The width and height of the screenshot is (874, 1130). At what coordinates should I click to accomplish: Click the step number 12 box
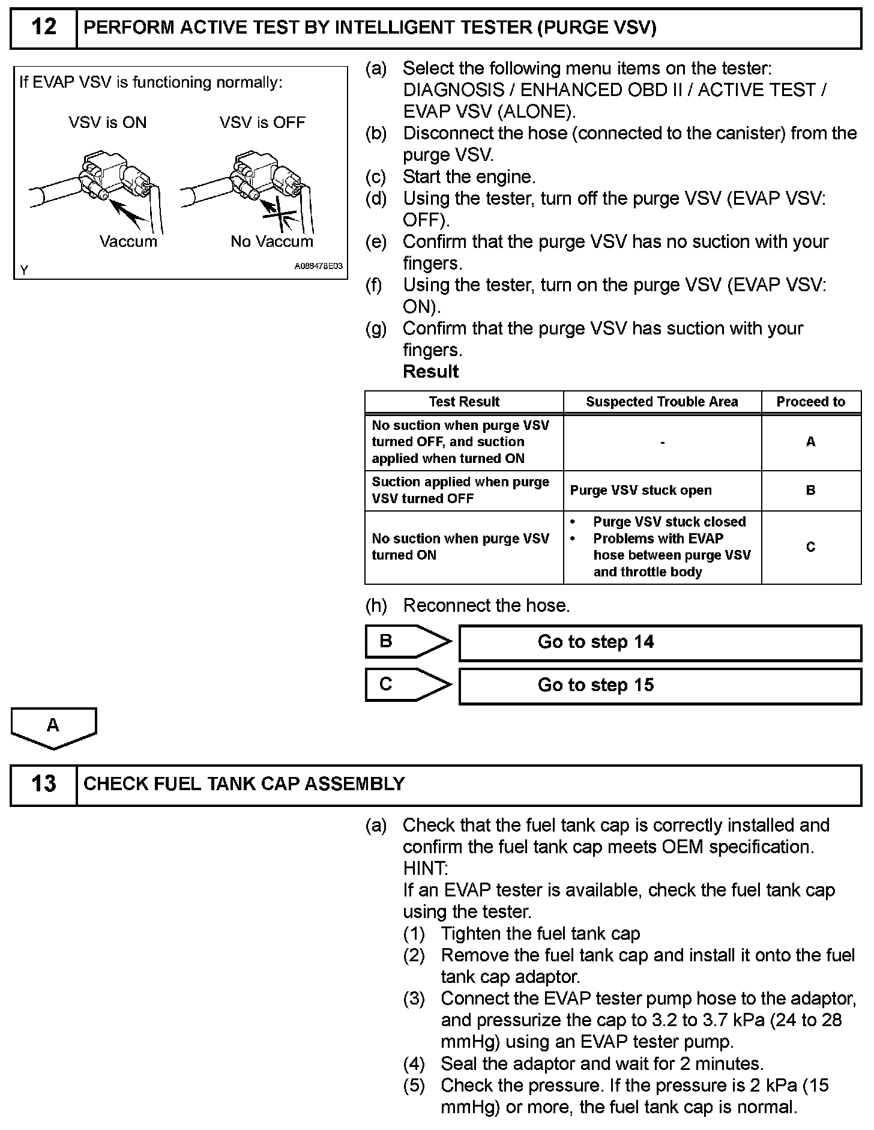43,28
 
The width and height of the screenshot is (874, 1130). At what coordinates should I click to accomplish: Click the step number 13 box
43,784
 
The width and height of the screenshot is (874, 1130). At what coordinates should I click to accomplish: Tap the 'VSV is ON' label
107,122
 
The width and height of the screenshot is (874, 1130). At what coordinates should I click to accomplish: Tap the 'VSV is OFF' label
262,122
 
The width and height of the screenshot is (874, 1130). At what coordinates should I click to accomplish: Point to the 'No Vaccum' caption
272,241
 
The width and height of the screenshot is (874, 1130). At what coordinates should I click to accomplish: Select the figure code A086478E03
318,265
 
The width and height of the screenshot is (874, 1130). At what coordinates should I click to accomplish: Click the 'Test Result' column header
464,402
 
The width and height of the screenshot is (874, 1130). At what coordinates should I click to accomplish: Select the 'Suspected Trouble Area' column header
662,402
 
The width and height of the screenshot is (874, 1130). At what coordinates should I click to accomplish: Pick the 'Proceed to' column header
810,402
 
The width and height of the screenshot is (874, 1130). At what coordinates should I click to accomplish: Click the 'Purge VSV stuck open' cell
640,490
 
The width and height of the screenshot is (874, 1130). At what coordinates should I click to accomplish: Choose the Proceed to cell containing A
810,442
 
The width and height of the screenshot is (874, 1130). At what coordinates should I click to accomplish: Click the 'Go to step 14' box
660,642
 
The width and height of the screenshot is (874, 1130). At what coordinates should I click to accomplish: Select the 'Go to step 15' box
660,685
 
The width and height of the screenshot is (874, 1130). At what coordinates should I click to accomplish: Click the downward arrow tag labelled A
53,727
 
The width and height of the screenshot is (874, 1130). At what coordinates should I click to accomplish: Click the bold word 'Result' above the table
430,372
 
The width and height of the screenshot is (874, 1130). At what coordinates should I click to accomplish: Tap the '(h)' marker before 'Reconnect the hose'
376,605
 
